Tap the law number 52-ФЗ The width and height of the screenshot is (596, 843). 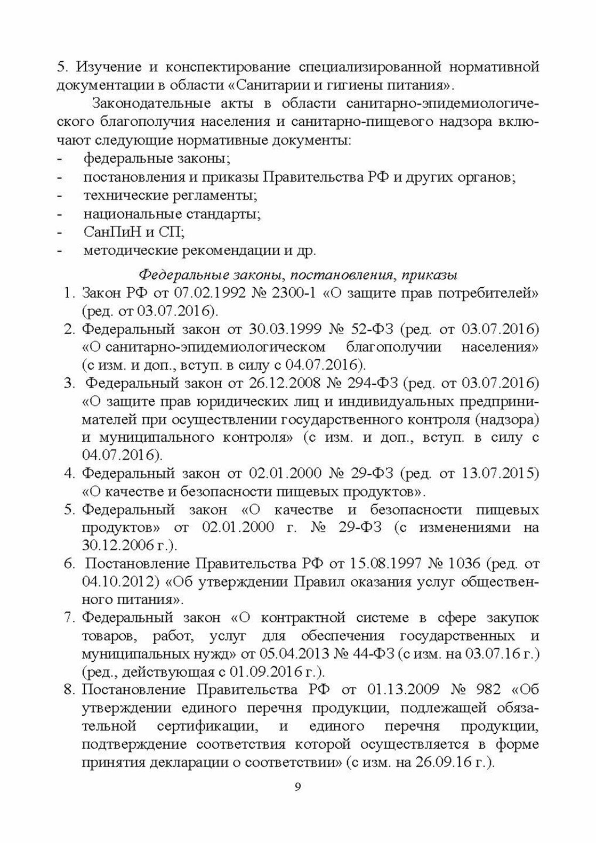click(x=371, y=329)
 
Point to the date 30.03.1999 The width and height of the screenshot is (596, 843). click(x=281, y=329)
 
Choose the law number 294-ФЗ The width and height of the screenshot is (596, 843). click(x=372, y=383)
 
